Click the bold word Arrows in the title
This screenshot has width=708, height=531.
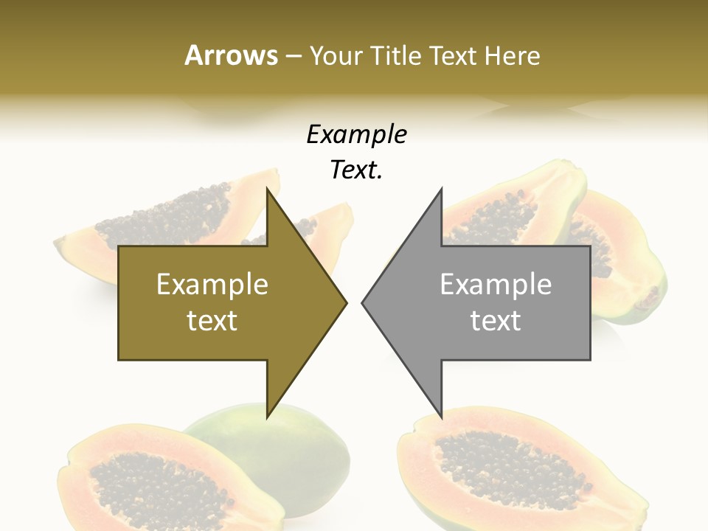pyautogui.click(x=231, y=55)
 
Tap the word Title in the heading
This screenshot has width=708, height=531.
pyautogui.click(x=398, y=55)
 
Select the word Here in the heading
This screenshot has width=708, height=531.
pyautogui.click(x=513, y=55)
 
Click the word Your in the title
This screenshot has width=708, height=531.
pyautogui.click(x=336, y=56)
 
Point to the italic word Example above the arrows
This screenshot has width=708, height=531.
pyautogui.click(x=356, y=135)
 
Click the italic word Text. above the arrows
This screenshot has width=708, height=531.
pyautogui.click(x=356, y=170)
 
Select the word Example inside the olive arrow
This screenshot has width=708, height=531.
pyautogui.click(x=212, y=285)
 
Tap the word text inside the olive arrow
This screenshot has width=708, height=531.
pyautogui.click(x=212, y=321)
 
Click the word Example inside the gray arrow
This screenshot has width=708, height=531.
pyautogui.click(x=496, y=285)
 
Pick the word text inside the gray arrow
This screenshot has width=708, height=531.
pyautogui.click(x=496, y=321)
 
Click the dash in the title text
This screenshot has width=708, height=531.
pyautogui.click(x=294, y=57)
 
